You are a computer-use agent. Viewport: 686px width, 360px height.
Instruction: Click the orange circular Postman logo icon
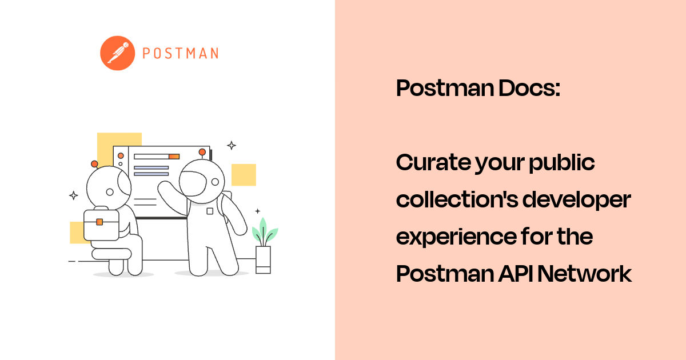pyautogui.click(x=118, y=53)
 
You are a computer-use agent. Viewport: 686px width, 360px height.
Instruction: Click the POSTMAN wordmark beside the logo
pyautogui.click(x=180, y=54)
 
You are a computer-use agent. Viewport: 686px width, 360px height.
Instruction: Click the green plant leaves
pyautogui.click(x=264, y=232)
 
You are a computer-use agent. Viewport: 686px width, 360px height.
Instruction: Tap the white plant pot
pyautogui.click(x=264, y=260)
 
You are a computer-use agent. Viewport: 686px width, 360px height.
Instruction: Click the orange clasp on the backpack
pyautogui.click(x=99, y=222)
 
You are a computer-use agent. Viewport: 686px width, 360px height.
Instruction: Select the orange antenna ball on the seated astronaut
pyautogui.click(x=94, y=163)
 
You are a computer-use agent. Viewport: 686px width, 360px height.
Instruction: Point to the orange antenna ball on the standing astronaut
pyautogui.click(x=201, y=152)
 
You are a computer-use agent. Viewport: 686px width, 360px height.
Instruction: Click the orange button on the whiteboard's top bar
pyautogui.click(x=174, y=156)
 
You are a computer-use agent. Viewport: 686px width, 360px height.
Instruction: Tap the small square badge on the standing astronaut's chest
pyautogui.click(x=210, y=211)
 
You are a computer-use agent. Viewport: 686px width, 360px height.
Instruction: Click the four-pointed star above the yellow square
pyautogui.click(x=231, y=145)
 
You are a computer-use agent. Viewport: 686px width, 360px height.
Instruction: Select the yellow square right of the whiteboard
pyautogui.click(x=244, y=175)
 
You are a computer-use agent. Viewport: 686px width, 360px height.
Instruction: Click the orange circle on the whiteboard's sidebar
pyautogui.click(x=121, y=155)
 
